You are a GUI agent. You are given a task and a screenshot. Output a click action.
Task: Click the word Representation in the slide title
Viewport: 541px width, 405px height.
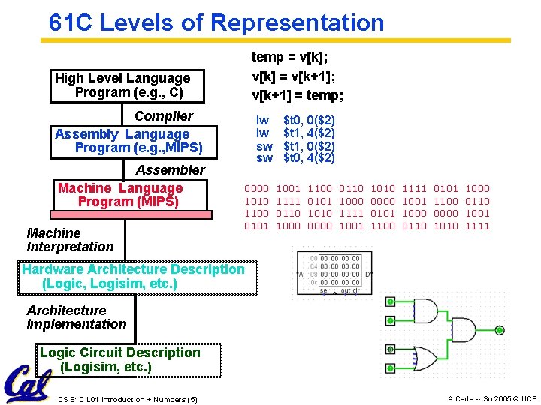(x=298, y=22)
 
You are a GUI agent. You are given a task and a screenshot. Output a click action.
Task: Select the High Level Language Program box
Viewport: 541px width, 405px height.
(x=122, y=85)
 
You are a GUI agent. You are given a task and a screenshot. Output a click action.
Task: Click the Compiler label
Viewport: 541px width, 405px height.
(x=163, y=116)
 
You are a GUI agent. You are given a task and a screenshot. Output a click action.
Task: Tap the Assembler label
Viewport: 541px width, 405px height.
(x=170, y=170)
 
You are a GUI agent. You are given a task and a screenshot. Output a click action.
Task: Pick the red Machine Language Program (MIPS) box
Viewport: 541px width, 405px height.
(x=120, y=196)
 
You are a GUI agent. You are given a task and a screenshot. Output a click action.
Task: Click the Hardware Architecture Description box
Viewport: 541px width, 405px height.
(x=133, y=276)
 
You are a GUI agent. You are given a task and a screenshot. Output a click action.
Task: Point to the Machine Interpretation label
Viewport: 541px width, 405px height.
(x=70, y=240)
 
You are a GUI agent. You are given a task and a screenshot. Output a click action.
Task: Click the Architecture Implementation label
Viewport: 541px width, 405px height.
(x=76, y=317)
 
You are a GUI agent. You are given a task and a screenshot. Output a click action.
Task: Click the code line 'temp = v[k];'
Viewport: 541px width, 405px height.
(x=289, y=57)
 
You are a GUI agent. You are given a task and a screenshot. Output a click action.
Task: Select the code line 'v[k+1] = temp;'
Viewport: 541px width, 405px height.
(x=298, y=95)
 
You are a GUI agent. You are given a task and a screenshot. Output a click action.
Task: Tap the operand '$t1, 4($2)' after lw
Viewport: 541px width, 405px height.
(x=309, y=133)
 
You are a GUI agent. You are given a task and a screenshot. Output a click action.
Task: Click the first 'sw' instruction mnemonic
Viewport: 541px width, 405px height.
(x=264, y=145)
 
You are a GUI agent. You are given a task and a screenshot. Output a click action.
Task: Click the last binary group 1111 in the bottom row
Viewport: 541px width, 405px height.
(x=477, y=226)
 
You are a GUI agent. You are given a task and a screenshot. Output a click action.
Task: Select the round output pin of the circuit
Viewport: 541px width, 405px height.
(x=500, y=330)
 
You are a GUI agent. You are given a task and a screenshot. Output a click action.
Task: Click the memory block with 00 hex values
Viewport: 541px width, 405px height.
(x=340, y=274)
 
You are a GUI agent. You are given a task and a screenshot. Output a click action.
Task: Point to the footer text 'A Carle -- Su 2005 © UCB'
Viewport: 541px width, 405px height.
(x=492, y=399)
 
